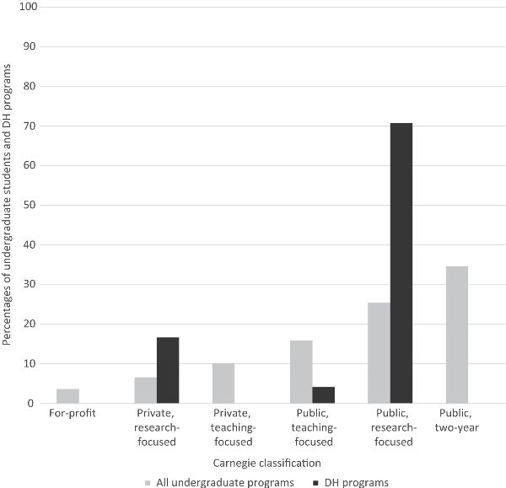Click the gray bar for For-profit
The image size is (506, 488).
(x=67, y=396)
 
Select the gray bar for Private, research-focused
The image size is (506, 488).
(x=145, y=390)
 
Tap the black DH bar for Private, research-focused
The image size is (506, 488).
(x=168, y=370)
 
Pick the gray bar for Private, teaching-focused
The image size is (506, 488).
(x=223, y=383)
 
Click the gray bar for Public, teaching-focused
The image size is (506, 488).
(x=301, y=372)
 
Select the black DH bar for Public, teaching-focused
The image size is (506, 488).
(x=324, y=395)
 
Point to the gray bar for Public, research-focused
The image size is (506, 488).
(x=379, y=353)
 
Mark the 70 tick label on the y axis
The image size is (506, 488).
(x=30, y=126)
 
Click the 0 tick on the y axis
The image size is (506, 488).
(x=34, y=404)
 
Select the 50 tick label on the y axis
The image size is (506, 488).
(x=30, y=205)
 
